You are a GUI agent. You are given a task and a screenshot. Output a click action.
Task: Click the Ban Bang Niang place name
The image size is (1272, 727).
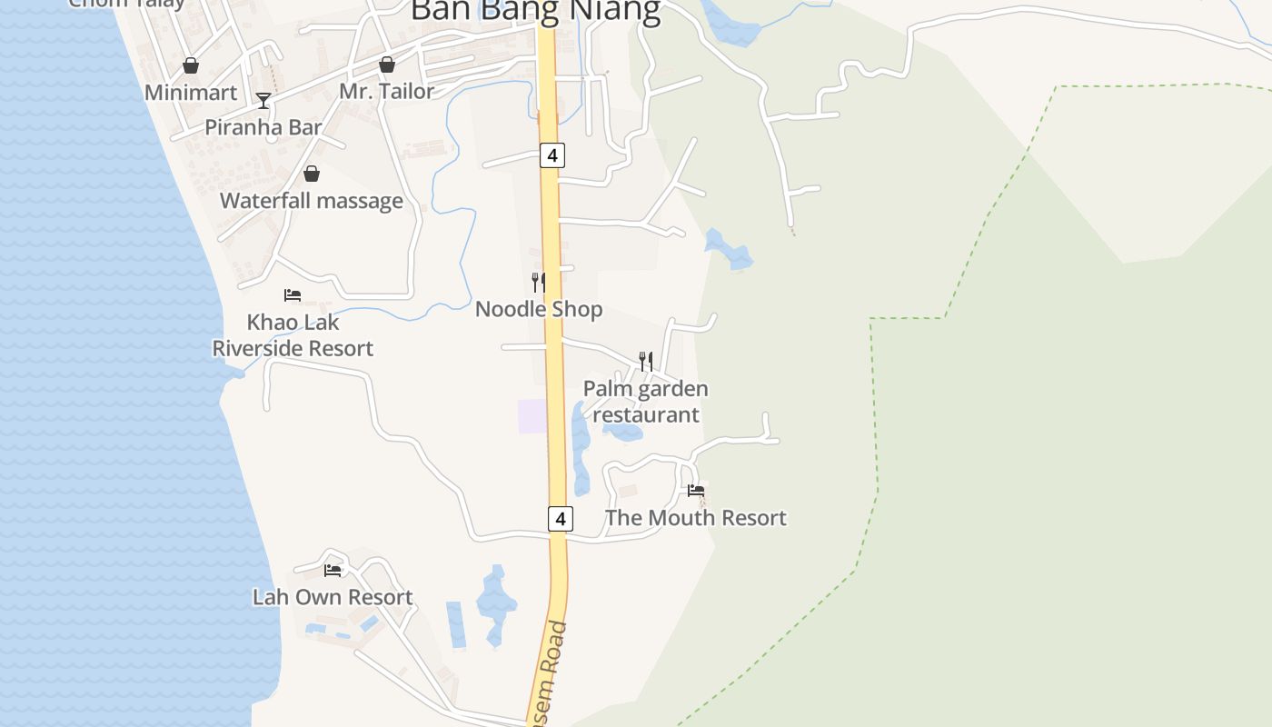[x=535, y=11]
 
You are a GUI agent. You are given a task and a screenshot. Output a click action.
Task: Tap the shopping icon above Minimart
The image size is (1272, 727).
[x=191, y=65]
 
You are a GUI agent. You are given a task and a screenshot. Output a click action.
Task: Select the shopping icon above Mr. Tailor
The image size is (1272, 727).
[x=387, y=65]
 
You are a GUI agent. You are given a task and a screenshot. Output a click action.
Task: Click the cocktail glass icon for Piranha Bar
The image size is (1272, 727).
[x=263, y=100]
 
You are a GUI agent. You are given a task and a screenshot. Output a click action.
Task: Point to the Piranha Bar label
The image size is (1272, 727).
[x=263, y=127]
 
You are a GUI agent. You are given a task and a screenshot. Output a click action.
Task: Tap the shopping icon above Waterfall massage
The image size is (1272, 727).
[x=312, y=174]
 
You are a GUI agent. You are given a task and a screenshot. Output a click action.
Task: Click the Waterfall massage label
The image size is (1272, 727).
[x=312, y=201]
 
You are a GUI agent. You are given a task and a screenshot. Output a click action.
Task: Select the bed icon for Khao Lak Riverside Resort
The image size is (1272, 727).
[x=293, y=295]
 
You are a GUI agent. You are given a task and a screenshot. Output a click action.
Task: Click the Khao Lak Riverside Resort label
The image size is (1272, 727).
[x=293, y=335]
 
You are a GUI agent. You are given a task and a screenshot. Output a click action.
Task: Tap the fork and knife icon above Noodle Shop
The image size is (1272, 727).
[x=539, y=283]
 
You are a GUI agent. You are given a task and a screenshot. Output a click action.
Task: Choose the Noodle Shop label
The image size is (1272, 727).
[x=539, y=309]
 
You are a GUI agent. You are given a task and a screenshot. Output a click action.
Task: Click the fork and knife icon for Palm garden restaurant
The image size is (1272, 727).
[x=645, y=362]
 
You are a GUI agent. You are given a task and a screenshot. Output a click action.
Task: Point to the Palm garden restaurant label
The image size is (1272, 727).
[x=645, y=402]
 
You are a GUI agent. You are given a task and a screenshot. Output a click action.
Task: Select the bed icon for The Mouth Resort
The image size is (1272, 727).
[x=696, y=491]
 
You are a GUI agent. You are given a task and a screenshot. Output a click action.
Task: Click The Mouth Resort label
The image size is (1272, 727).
[x=696, y=518]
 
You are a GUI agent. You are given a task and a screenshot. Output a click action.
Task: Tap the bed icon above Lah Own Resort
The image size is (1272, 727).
[x=333, y=571]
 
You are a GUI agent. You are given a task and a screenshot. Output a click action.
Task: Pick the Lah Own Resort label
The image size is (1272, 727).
[x=333, y=597]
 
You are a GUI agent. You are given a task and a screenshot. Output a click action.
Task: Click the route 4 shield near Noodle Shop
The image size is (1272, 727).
[x=552, y=155]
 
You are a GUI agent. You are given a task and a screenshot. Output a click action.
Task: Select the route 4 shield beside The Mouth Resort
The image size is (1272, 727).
[x=561, y=519]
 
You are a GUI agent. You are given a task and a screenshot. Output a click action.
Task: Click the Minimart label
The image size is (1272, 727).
[x=191, y=93]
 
